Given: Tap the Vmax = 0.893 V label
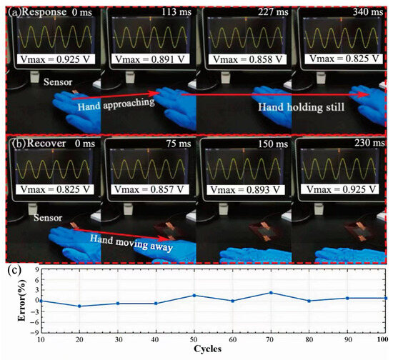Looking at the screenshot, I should pyautogui.click(x=243, y=191).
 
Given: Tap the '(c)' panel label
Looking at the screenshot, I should pyautogui.click(x=14, y=270).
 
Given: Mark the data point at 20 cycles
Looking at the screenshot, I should pyautogui.click(x=79, y=306).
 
